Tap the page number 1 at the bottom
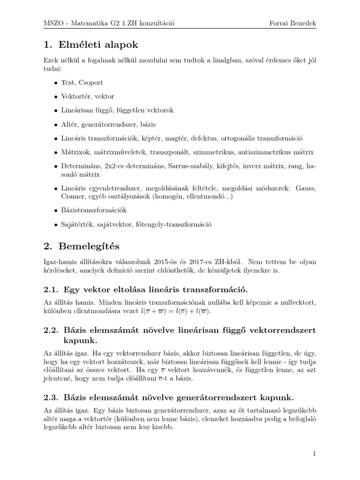pyautogui.click(x=315, y=453)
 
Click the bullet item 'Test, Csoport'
pyautogui.click(x=82, y=82)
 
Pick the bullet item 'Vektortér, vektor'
pyautogui.click(x=88, y=96)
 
